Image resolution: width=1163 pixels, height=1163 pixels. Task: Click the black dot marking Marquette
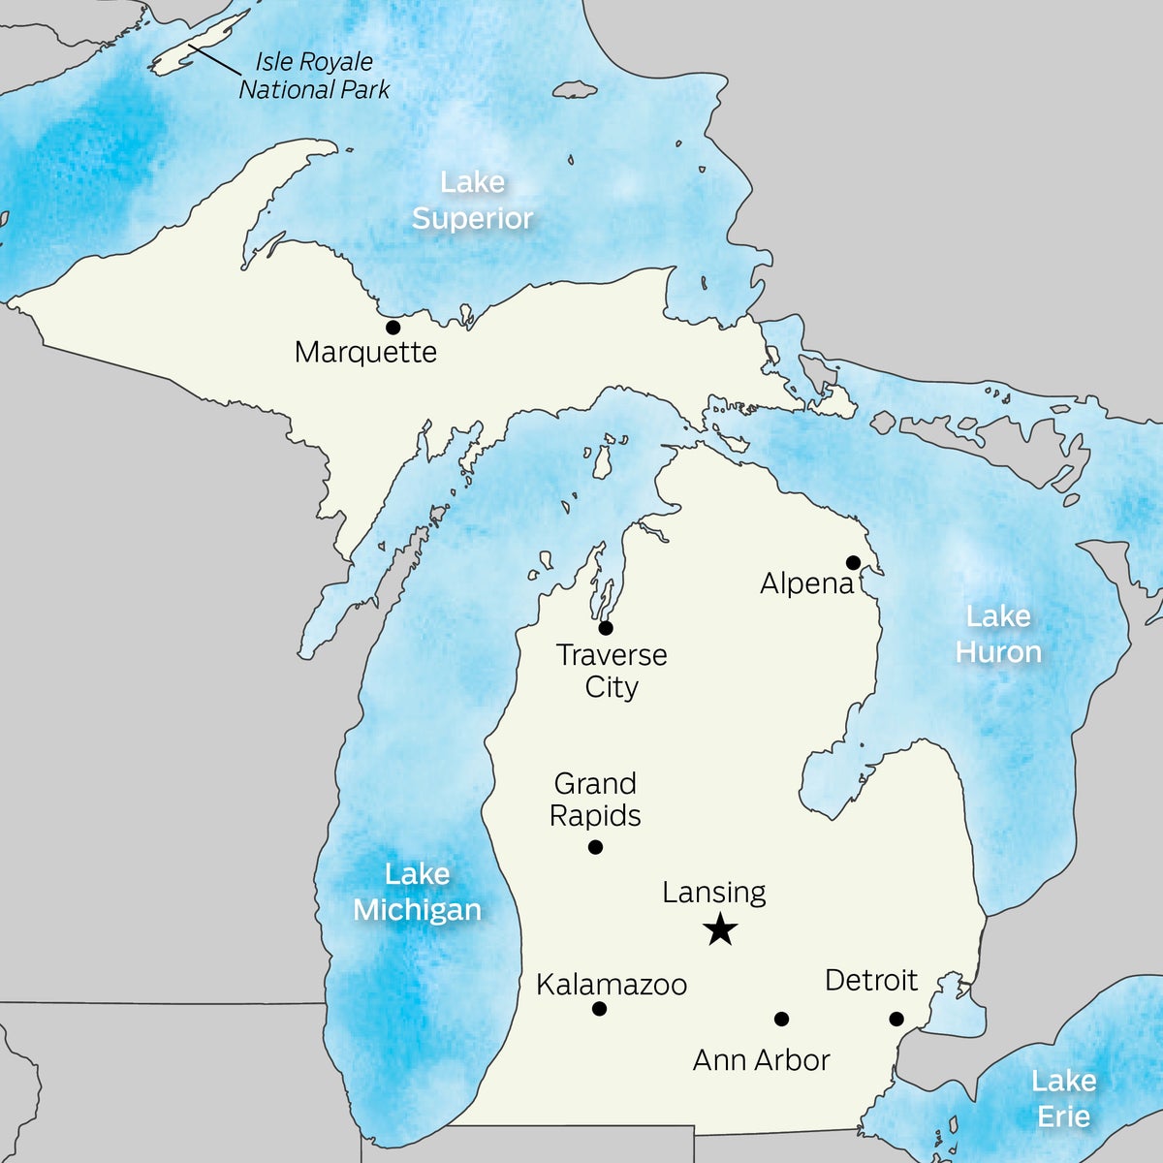(393, 328)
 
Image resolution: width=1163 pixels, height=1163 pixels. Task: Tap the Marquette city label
(365, 352)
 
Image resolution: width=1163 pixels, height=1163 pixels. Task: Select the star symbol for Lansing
(720, 931)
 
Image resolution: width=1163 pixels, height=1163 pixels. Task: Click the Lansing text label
(714, 893)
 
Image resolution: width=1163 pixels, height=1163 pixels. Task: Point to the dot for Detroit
(896, 1019)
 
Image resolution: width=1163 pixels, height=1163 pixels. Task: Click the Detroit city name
(870, 981)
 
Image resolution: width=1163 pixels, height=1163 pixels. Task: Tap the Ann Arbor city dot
(781, 1019)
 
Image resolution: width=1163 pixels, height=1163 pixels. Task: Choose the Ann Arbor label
(761, 1060)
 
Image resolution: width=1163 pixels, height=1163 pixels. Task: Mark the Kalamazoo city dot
(599, 1009)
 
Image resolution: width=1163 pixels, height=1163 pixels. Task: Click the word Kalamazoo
(612, 985)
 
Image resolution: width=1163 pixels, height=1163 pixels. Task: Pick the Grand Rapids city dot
(596, 847)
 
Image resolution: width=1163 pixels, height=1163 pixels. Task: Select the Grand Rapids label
(595, 800)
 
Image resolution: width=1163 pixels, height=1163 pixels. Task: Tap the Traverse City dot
(606, 628)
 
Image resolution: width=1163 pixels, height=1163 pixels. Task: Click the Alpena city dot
(853, 562)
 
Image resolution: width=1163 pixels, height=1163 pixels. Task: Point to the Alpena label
(806, 583)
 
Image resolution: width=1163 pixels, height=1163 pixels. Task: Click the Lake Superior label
(473, 200)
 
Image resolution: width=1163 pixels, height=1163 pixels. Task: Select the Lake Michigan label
(417, 892)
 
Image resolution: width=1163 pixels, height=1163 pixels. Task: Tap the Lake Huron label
(998, 634)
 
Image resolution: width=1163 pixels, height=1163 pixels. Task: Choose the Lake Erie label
(1063, 1098)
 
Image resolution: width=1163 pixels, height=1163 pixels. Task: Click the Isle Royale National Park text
(314, 76)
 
